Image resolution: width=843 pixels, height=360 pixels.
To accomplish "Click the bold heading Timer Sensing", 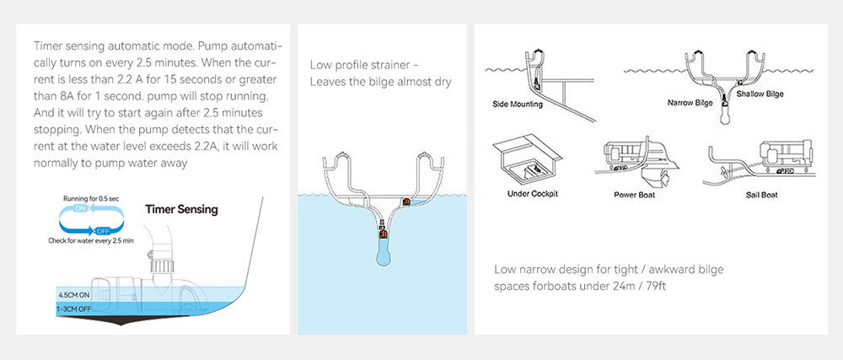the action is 181,209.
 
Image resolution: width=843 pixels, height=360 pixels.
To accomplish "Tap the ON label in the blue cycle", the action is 80,208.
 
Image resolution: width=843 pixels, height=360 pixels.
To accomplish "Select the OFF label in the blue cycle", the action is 102,231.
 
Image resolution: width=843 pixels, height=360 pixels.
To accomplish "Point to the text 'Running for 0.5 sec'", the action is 91,198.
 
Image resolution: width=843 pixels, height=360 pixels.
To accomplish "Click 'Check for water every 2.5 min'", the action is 91,241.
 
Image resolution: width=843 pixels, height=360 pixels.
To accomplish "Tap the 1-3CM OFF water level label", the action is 73,309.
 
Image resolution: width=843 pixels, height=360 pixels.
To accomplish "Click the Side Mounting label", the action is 518,105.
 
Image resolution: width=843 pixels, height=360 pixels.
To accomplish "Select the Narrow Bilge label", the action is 690,102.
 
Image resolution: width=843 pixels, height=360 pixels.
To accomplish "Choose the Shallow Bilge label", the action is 760,94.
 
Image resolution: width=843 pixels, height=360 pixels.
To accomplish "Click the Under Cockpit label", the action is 532,193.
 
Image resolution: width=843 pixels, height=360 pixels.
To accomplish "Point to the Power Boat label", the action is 635,195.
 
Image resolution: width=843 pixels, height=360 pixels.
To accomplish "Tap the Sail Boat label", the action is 761,195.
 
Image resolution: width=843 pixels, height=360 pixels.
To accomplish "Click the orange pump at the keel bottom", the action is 383,234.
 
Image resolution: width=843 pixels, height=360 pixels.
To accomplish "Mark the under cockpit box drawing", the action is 527,160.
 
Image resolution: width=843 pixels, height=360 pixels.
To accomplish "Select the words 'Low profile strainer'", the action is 360,66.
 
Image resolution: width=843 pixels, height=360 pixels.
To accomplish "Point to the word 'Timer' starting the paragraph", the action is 46,46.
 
